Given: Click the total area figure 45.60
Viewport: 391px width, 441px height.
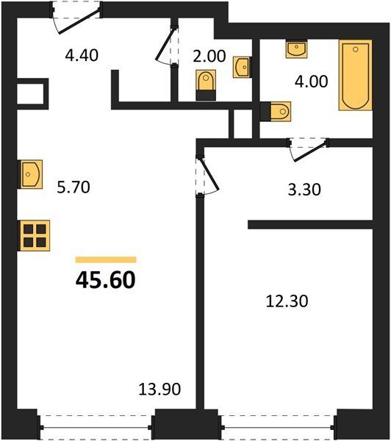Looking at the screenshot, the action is (x=106, y=280).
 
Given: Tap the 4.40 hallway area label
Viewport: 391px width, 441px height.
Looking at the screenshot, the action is (x=82, y=55).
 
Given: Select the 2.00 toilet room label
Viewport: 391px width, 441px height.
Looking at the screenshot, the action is (x=209, y=56).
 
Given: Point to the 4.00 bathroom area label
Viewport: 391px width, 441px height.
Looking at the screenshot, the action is (x=311, y=82).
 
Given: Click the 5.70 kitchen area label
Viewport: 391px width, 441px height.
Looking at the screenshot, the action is (x=73, y=187).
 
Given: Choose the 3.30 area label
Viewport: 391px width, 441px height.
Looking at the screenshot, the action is (x=304, y=190).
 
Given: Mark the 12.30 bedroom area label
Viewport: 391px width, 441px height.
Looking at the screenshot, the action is (x=287, y=301).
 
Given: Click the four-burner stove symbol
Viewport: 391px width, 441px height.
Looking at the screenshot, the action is (x=34, y=236).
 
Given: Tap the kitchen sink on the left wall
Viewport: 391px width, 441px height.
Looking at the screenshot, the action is (x=30, y=174).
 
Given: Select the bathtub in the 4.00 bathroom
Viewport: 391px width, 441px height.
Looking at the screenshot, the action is (x=356, y=75).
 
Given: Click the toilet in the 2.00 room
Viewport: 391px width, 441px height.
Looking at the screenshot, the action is (x=206, y=85).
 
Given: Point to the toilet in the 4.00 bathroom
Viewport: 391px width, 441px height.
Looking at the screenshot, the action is (x=276, y=112).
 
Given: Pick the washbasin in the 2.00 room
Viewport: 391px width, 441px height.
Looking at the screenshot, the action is (x=242, y=67).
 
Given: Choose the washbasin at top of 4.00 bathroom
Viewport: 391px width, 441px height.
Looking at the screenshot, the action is (x=296, y=49).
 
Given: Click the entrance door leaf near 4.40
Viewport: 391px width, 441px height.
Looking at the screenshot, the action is (x=79, y=21).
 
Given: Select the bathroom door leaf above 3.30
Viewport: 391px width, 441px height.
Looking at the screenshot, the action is (x=310, y=152).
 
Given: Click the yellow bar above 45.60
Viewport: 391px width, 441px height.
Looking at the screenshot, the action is (x=106, y=259).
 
